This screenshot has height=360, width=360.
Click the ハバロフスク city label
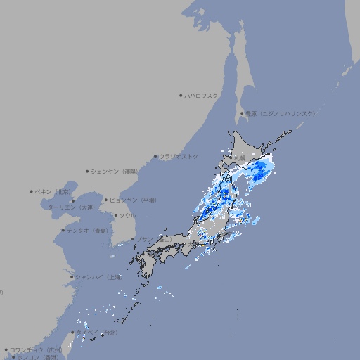click(202, 95)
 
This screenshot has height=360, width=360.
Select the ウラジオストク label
click(179, 156)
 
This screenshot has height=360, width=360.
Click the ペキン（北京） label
click(54, 191)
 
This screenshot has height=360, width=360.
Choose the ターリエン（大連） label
click(71, 207)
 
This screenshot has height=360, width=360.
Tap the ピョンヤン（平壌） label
click(133, 200)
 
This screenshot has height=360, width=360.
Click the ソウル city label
click(127, 216)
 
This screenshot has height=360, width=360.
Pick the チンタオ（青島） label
click(87, 230)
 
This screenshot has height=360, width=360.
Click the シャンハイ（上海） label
click(98, 276)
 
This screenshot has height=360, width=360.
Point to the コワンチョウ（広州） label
click(35, 349)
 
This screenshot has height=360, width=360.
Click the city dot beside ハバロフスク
click(181, 95)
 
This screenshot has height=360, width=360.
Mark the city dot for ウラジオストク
click(155, 156)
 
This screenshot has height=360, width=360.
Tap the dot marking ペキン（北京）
click(32, 191)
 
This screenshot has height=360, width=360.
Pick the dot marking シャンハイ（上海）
click(72, 276)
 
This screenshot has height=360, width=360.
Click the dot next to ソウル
click(115, 216)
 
